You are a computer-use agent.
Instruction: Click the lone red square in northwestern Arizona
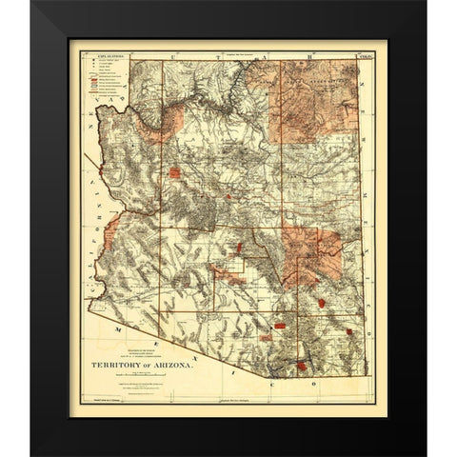(x=175, y=173)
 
